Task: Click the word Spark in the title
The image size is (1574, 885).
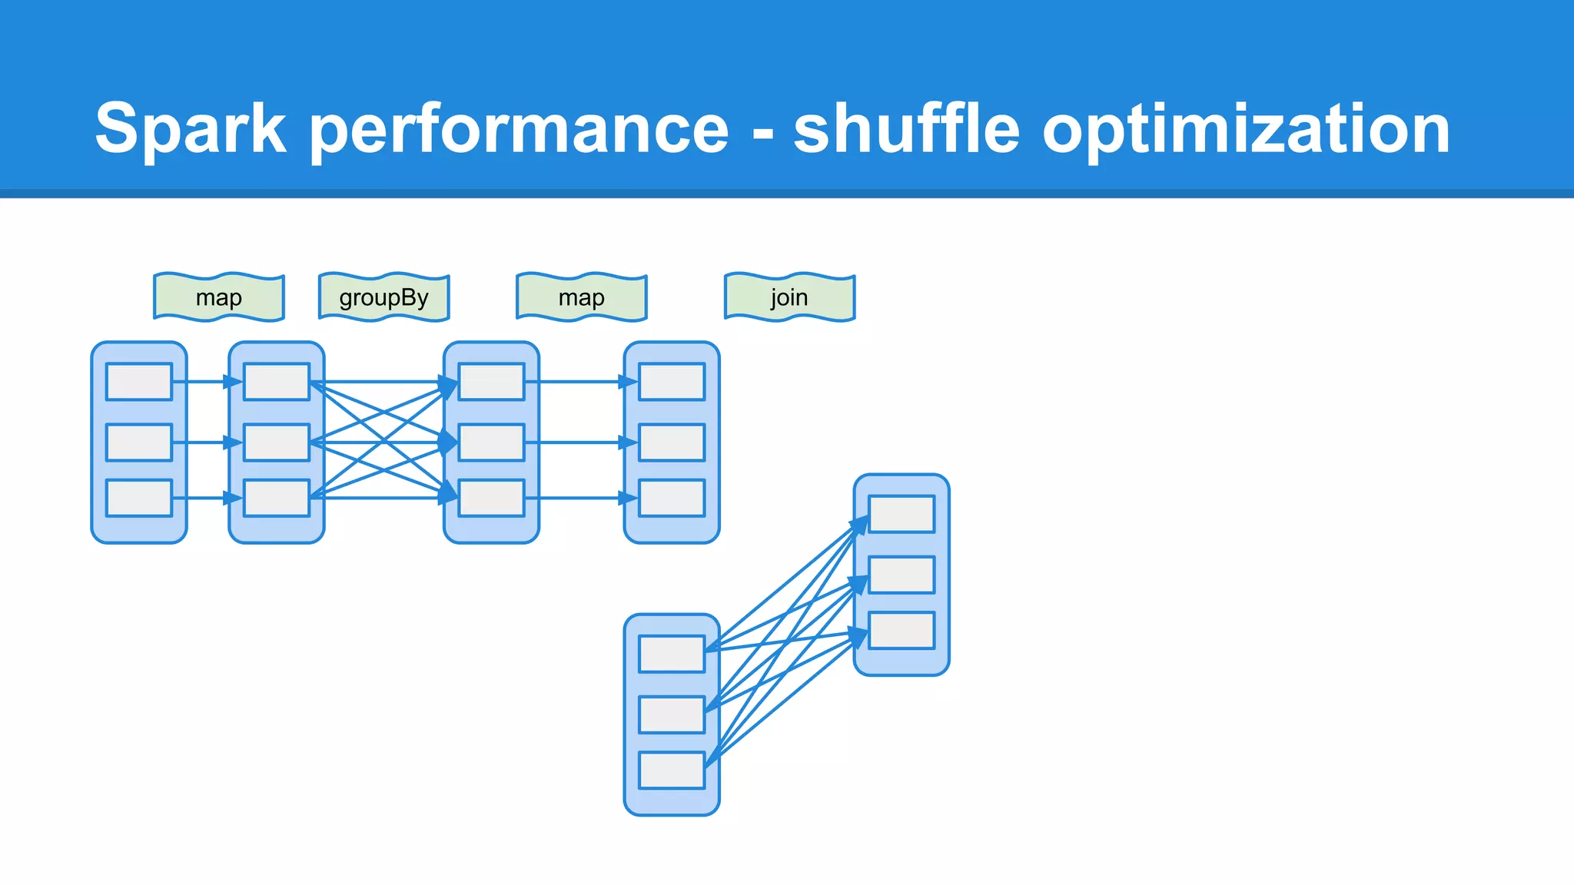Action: point(191,129)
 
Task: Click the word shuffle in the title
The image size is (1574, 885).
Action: point(906,128)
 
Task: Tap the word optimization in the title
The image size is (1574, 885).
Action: point(1246,129)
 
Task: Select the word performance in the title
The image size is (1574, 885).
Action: point(519,129)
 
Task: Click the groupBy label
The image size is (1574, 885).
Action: point(384,297)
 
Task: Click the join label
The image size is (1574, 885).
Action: point(789,297)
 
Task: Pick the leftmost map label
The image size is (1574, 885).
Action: point(219,297)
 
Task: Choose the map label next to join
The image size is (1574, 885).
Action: point(582,297)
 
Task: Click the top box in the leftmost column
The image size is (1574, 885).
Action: point(139,382)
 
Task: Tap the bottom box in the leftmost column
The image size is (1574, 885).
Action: point(139,498)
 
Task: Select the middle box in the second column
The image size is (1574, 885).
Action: point(277,442)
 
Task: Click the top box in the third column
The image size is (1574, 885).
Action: point(491,382)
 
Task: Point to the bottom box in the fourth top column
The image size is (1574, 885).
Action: point(672,498)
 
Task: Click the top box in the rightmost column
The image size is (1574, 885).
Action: point(902,514)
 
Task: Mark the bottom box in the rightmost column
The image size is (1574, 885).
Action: point(902,630)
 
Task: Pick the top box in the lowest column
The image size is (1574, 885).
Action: point(672,654)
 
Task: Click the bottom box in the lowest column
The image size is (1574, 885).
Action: point(672,770)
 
